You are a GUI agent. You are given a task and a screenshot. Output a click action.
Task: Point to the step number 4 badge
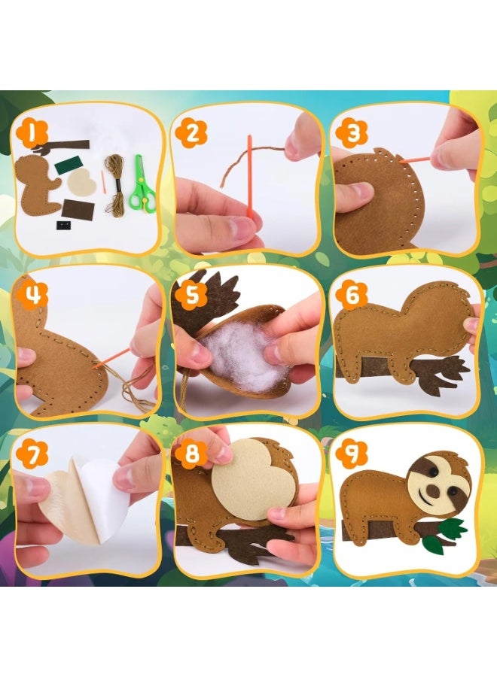31,295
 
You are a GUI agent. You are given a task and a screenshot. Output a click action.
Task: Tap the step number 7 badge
32,456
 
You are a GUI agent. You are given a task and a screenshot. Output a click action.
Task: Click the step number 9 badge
350,455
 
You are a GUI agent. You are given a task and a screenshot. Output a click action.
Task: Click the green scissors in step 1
141,184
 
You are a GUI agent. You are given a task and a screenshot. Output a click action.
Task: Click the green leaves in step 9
450,530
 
